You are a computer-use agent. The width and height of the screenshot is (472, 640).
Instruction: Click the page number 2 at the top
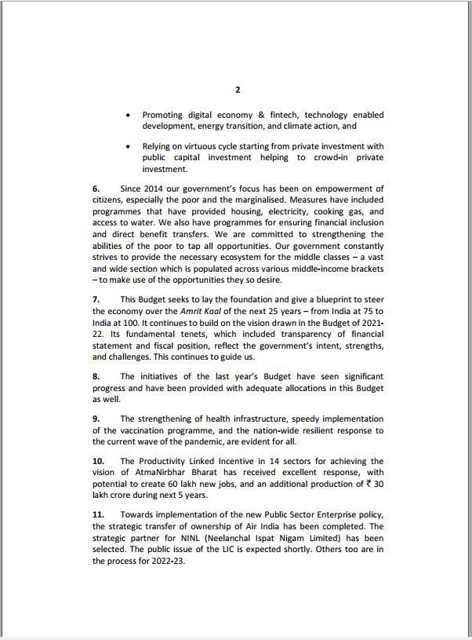pos(238,90)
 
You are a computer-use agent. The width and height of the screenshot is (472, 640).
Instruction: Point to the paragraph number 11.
pos(98,514)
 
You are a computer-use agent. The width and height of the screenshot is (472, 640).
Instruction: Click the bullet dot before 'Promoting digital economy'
pos(129,115)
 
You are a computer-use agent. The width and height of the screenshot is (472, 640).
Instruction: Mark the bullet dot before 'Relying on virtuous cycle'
pos(129,146)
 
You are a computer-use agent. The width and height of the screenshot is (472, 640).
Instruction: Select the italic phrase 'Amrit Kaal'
pos(202,310)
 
